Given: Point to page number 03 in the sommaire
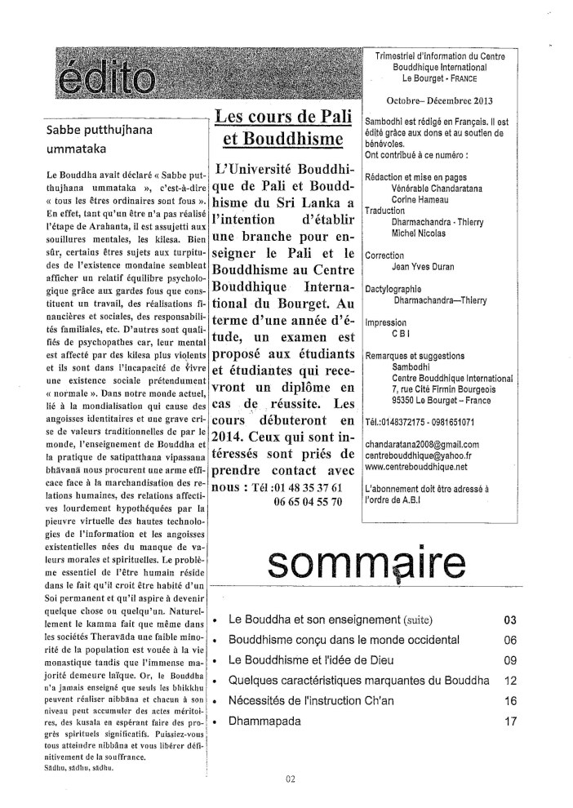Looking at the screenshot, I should pos(512,619).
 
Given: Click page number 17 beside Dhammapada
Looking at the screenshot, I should pos(512,721).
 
